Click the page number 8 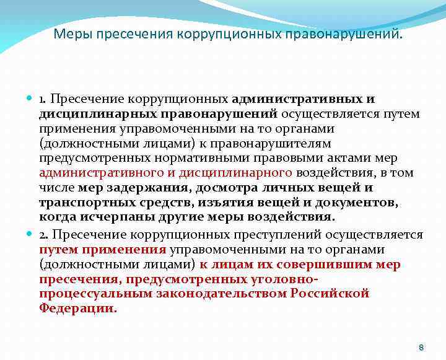pyautogui.click(x=421, y=347)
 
